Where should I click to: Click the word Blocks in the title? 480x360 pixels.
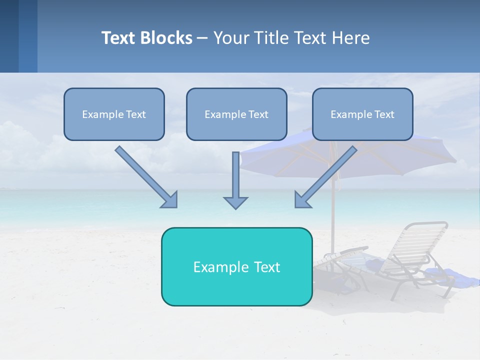coord(167,38)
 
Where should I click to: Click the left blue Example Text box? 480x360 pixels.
coord(114,114)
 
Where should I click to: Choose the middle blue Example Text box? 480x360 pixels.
coord(236,114)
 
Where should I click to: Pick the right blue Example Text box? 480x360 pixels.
coord(362,114)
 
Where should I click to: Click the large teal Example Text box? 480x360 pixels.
coord(236,266)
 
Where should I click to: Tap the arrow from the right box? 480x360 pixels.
coord(327,175)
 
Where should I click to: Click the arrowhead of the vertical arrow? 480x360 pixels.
coord(235,202)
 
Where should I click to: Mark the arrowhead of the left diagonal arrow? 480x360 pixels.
coord(170,200)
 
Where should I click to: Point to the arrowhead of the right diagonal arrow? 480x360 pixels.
coord(302,199)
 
